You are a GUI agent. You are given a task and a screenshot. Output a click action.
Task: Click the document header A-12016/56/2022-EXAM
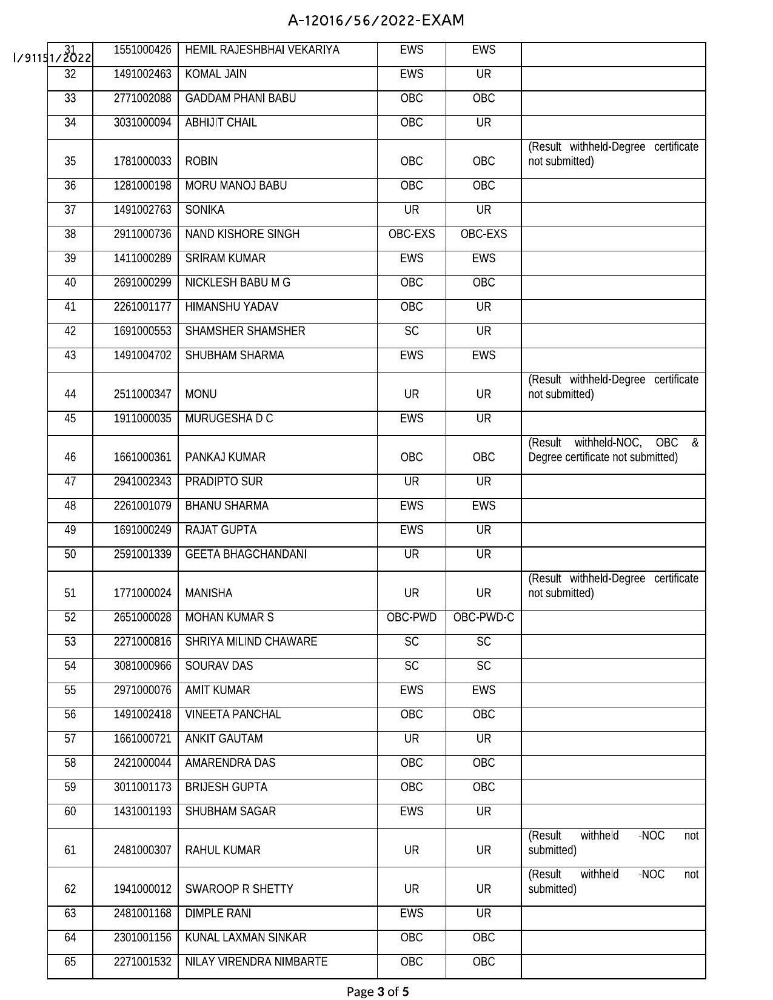[376, 21]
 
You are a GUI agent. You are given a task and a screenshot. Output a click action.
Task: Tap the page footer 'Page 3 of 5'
[377, 992]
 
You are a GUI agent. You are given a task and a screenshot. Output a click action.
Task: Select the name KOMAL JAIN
[216, 75]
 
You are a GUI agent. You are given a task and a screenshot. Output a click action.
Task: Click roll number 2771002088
[142, 99]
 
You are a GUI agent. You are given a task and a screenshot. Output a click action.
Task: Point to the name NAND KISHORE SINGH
[242, 234]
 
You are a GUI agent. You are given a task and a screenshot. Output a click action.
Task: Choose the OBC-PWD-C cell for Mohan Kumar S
[483, 618]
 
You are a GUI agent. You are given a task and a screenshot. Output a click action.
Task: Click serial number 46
[70, 457]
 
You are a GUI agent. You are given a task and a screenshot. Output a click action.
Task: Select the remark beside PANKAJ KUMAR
[613, 450]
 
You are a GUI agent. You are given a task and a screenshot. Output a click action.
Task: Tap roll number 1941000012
[142, 889]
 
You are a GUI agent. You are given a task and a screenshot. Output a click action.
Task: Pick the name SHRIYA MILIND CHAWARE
[251, 642]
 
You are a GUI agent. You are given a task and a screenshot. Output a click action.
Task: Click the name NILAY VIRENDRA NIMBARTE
[256, 962]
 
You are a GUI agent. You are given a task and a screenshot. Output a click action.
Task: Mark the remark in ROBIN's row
[613, 154]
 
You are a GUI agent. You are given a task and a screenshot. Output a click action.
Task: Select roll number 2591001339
[142, 555]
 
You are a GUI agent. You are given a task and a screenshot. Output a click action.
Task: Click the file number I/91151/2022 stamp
[52, 58]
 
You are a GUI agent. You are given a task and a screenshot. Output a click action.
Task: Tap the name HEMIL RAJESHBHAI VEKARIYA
[262, 50]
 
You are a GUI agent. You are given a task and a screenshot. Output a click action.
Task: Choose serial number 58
[70, 763]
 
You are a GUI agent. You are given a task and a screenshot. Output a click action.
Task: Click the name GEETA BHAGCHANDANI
[246, 555]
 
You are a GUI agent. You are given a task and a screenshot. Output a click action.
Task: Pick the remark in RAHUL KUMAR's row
[613, 843]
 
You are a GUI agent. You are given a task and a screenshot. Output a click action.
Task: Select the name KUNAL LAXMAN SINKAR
[246, 938]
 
